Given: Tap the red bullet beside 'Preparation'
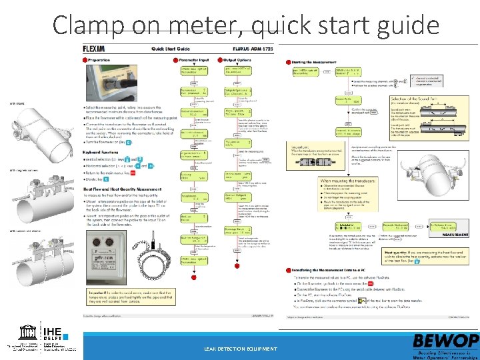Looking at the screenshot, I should (x=84, y=60).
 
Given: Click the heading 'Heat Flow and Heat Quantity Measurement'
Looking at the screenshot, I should (x=124, y=191).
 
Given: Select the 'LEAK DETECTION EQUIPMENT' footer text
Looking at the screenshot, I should (x=240, y=349).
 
